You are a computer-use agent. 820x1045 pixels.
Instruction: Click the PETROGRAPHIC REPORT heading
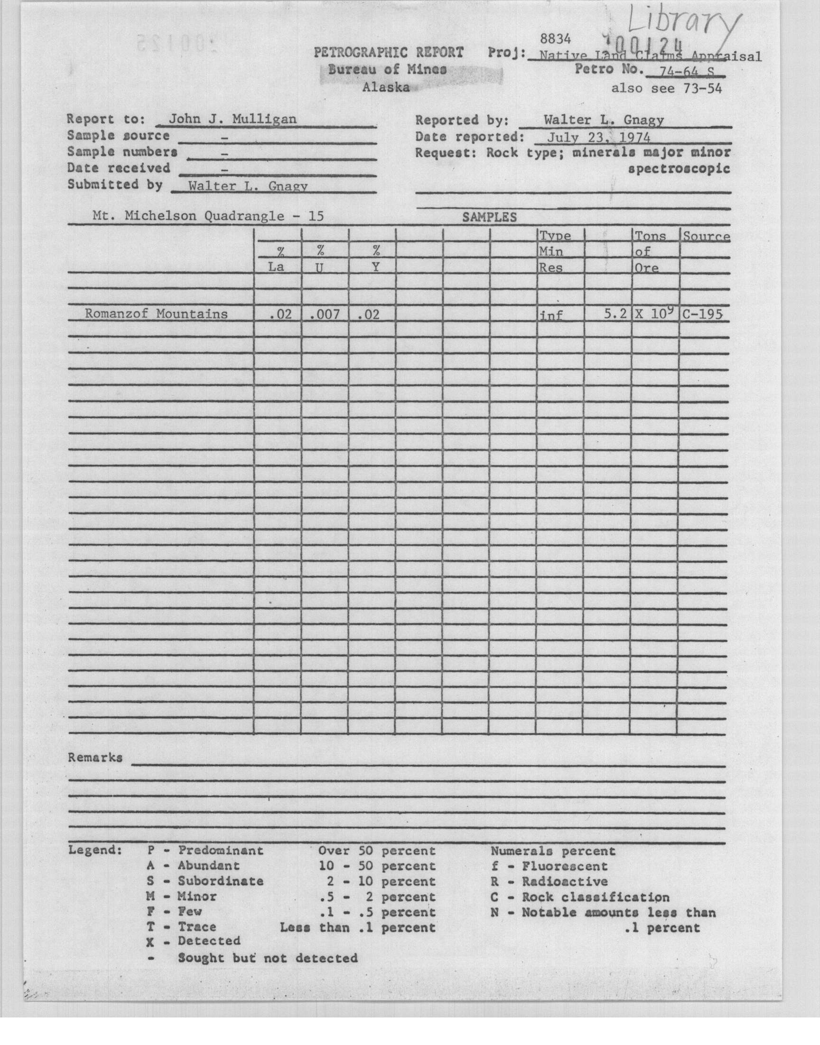(389, 52)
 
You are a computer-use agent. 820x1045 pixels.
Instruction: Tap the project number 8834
(555, 38)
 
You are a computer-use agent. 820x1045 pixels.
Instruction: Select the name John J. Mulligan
(232, 119)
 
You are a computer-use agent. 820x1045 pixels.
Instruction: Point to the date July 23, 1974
(599, 137)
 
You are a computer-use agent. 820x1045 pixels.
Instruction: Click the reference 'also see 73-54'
(666, 88)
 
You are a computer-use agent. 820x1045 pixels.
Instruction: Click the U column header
(319, 267)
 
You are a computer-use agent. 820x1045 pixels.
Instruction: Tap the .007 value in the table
(325, 315)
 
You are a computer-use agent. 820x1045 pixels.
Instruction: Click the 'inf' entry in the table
(551, 315)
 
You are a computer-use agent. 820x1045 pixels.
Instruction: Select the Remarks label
(95, 758)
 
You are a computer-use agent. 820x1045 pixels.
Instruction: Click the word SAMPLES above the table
(489, 217)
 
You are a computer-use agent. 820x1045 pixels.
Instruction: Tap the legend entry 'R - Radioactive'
(549, 882)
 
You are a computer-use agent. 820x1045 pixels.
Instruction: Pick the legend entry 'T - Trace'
(181, 927)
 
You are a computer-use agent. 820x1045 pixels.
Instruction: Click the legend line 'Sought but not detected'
(268, 958)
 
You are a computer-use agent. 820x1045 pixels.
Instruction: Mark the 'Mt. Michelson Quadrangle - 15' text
(208, 216)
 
